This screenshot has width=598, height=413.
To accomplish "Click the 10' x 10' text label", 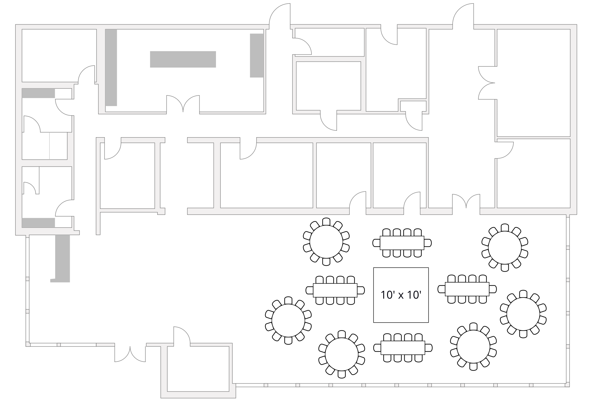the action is (401, 295).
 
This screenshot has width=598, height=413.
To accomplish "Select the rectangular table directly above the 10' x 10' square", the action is (402, 243).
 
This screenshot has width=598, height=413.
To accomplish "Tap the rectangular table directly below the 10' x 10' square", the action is (403, 348).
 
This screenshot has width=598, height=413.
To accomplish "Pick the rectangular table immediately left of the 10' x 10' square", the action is (335, 290).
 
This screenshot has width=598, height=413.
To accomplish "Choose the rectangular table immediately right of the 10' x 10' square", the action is (467, 289).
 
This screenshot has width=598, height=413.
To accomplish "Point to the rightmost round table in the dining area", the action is (523, 314).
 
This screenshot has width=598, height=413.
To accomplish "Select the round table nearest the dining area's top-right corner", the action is (505, 248).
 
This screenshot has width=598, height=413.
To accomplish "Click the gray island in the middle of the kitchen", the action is (183, 59).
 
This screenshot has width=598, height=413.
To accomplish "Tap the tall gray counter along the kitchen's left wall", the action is (111, 68).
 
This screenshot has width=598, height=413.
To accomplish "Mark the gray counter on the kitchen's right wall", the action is (257, 55).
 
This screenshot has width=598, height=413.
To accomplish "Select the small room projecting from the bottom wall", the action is (198, 369).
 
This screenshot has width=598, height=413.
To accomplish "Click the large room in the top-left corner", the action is (59, 55).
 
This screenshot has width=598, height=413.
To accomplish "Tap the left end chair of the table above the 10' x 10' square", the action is (376, 243).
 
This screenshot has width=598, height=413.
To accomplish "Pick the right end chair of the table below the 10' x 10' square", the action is (429, 348).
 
